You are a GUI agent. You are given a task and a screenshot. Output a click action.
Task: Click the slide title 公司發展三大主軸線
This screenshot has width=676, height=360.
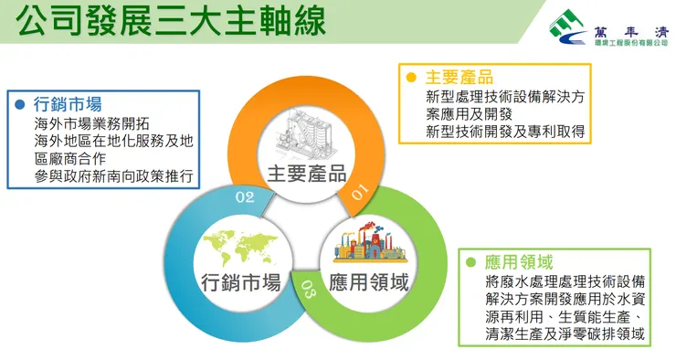click(172, 22)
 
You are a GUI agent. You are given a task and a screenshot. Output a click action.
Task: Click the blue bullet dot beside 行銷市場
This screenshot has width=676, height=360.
click(19, 102)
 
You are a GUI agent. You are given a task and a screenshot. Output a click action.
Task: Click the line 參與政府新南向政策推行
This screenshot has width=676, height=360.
click(113, 175)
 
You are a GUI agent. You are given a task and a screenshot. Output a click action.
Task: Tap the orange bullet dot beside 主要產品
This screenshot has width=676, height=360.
click(412, 77)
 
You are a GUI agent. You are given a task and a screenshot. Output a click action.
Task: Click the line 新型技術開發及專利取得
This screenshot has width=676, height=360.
click(505, 132)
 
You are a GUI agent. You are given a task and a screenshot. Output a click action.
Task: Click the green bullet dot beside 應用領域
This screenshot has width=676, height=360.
click(470, 262)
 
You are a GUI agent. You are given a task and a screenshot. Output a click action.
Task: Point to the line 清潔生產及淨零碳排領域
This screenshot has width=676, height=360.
click(566, 335)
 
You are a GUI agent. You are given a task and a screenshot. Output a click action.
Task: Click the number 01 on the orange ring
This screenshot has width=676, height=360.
click(358, 192)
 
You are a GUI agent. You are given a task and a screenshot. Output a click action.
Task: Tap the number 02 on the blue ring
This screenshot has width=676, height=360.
click(245, 196)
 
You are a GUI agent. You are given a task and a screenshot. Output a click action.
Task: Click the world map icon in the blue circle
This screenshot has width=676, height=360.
click(240, 244)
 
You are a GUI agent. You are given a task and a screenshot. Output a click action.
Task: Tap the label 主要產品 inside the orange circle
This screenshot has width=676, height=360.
click(306, 174)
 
